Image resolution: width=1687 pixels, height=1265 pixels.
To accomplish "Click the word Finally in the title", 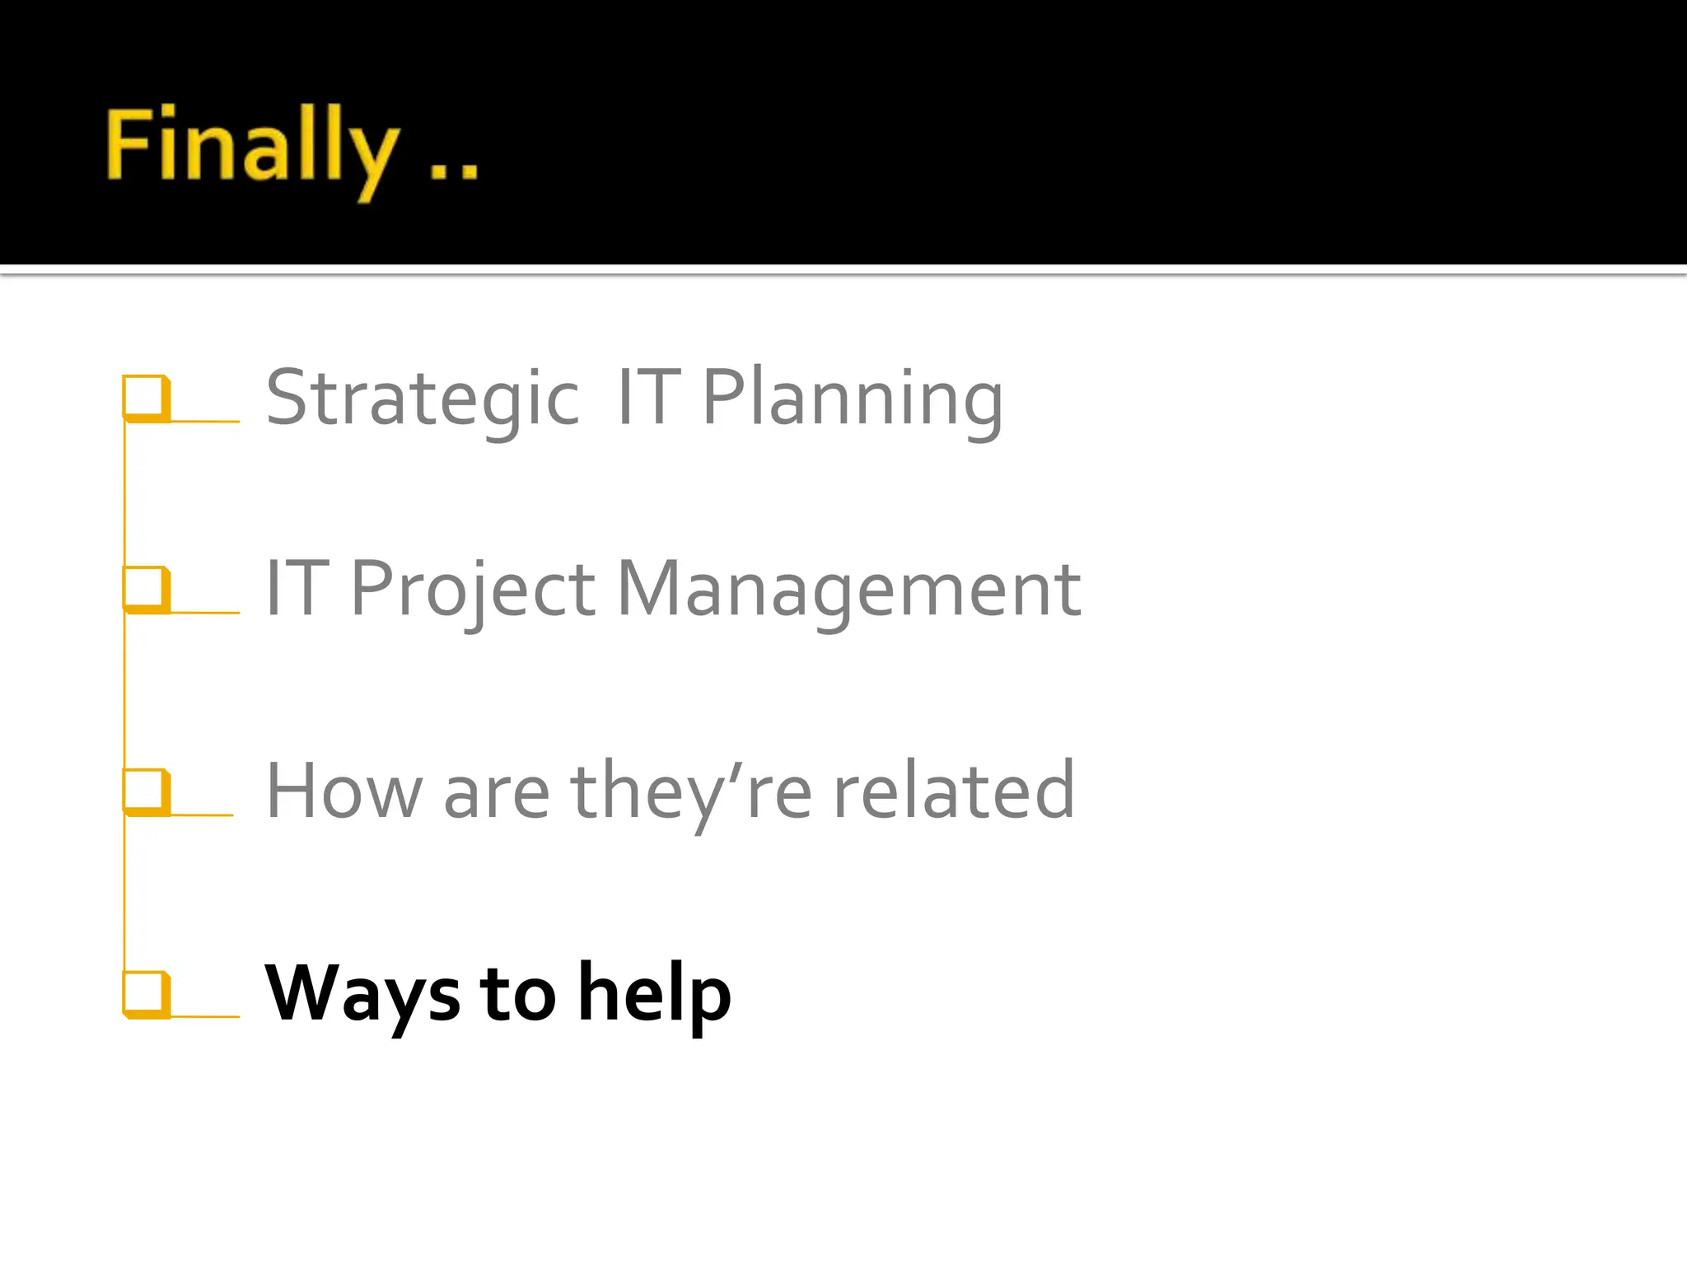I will coord(251,148).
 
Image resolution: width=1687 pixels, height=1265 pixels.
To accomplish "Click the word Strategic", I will coord(423,399).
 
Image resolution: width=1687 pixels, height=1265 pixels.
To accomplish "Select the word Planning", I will coord(853,399).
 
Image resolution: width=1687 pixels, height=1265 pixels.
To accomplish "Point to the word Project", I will coord(473,590).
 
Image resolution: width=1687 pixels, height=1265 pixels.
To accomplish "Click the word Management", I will coord(848,590).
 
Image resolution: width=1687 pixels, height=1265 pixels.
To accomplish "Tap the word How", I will coord(343,791).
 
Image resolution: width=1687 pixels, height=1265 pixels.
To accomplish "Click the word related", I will coord(954,791).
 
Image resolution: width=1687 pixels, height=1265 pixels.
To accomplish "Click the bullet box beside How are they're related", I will coord(146,791).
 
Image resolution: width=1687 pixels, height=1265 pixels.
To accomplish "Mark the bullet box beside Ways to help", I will coord(146,992).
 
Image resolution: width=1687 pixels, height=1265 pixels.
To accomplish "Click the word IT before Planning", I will coord(648,399).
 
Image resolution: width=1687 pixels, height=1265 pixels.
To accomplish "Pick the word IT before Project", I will coord(297,590).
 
